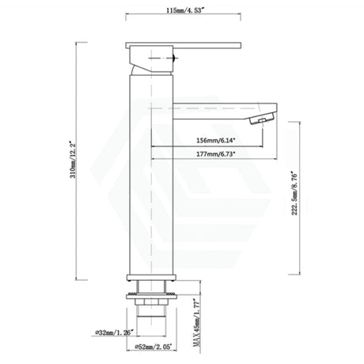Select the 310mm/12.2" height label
click(x=70, y=167)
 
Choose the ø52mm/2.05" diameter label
click(x=149, y=347)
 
